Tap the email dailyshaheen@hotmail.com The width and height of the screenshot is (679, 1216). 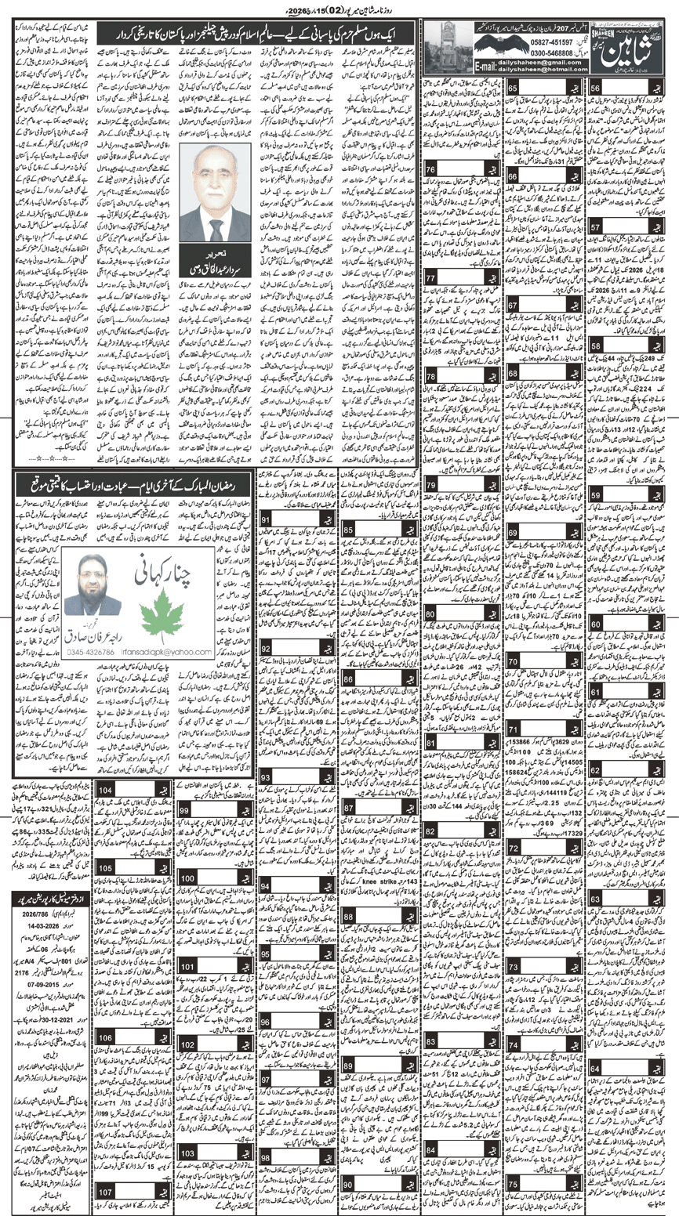(539, 70)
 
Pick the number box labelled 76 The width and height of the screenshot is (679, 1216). (431, 170)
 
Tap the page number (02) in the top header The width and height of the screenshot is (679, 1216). (331, 9)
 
